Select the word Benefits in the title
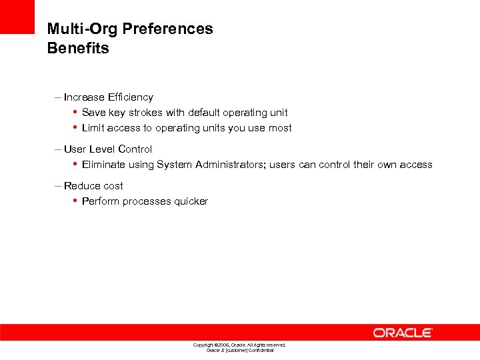pos(78,49)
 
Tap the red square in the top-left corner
pos(17,17)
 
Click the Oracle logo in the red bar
pos(403,332)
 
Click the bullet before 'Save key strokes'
pos(75,112)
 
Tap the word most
pos(280,128)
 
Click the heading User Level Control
pos(107,149)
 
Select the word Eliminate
pos(104,165)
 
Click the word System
pos(175,165)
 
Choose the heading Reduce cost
pos(93,186)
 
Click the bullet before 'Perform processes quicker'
pos(75,201)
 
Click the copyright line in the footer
pos(239,345)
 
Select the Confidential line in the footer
pos(239,350)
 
